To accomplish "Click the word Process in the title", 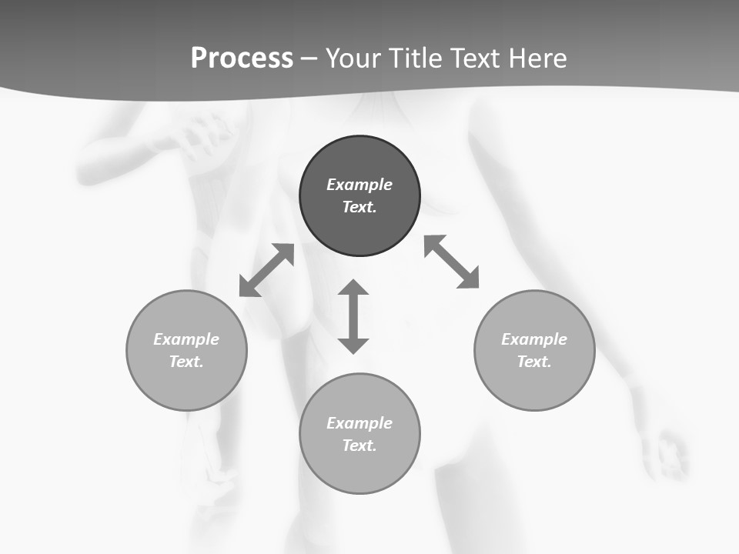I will pyautogui.click(x=242, y=58).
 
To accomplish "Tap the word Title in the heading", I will pyautogui.click(x=418, y=58).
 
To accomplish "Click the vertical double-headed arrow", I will pyautogui.click(x=353, y=316).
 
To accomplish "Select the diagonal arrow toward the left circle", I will pyautogui.click(x=266, y=270).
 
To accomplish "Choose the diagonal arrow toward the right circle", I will pyautogui.click(x=452, y=262).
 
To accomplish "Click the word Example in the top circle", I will pyautogui.click(x=359, y=185).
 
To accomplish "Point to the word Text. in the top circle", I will pyautogui.click(x=359, y=207).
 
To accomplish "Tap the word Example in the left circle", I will pyautogui.click(x=186, y=339).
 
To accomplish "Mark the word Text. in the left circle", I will pyautogui.click(x=186, y=362).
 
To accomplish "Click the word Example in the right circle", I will pyautogui.click(x=534, y=339).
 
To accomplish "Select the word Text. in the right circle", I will pyautogui.click(x=534, y=362).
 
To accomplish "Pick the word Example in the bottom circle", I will pyautogui.click(x=359, y=423).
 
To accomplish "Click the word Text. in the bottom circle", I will pyautogui.click(x=359, y=446).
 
